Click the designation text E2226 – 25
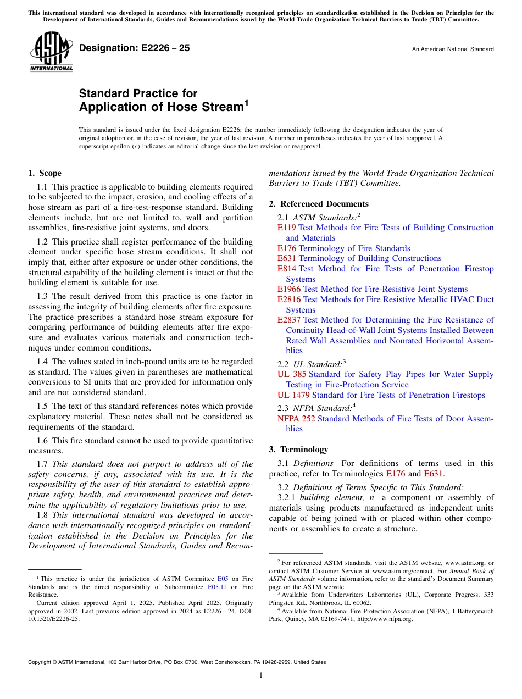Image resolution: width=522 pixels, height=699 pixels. click(x=135, y=48)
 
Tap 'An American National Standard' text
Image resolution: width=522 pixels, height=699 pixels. click(x=453, y=49)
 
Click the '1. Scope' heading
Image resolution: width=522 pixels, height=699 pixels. click(x=45, y=173)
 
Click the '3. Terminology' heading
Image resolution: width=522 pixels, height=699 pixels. click(x=298, y=449)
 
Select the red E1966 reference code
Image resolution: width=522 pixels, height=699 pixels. click(x=289, y=289)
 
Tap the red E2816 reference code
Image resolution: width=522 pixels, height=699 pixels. click(x=289, y=299)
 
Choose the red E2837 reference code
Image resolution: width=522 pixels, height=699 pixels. click(x=289, y=320)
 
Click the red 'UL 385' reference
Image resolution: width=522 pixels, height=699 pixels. click(x=292, y=374)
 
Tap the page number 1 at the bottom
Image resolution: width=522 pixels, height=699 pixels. click(x=261, y=675)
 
